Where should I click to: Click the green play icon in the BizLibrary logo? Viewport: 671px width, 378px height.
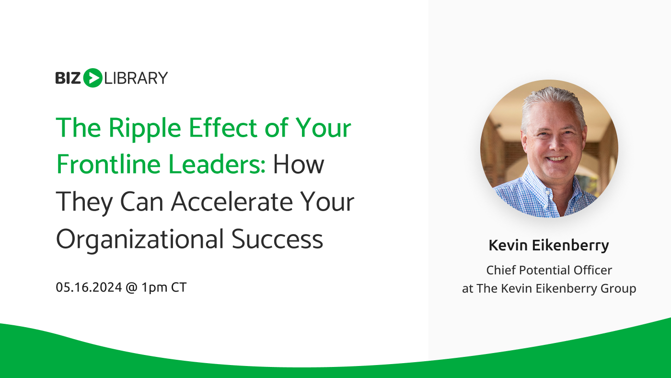[x=93, y=78]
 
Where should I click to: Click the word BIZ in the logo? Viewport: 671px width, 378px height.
[x=69, y=78]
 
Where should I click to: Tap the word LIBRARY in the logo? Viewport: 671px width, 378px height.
[x=136, y=78]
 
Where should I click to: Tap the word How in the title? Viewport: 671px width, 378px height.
[x=299, y=164]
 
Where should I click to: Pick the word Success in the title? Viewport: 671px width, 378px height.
[x=278, y=239]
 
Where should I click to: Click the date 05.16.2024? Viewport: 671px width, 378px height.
[x=88, y=288]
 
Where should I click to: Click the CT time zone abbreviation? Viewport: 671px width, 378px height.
[x=179, y=288]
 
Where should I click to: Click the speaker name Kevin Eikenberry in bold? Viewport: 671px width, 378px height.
[x=549, y=246]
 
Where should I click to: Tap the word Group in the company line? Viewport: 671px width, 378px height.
[x=620, y=289]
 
